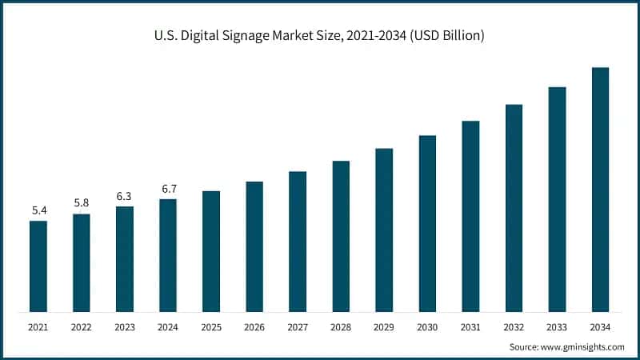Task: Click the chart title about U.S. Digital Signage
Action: [x=320, y=36]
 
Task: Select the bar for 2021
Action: [x=38, y=266]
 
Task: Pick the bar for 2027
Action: [x=298, y=241]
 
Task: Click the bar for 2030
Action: [x=427, y=223]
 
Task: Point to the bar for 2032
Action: [x=514, y=207]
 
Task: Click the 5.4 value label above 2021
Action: [x=38, y=210]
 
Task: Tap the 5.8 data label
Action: [x=82, y=203]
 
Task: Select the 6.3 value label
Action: [x=125, y=196]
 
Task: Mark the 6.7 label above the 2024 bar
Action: [x=168, y=189]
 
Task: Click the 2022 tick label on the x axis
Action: [x=82, y=328]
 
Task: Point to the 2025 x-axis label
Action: [x=211, y=328]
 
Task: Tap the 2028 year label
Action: [x=341, y=328]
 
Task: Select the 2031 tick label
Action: [x=470, y=328]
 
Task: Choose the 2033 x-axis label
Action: [x=557, y=328]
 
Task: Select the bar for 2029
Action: [x=384, y=230]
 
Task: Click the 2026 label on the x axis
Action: [x=254, y=328]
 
